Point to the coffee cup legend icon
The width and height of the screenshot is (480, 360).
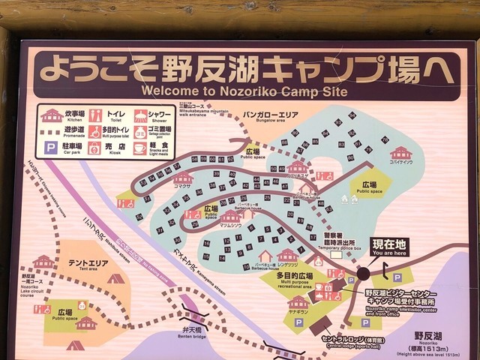click(x=139, y=148)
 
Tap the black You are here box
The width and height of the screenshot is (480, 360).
click(x=388, y=248)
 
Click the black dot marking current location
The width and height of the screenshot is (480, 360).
click(x=363, y=274)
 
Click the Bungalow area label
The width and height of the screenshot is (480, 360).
click(x=268, y=117)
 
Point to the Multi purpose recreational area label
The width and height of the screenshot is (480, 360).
click(x=294, y=280)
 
